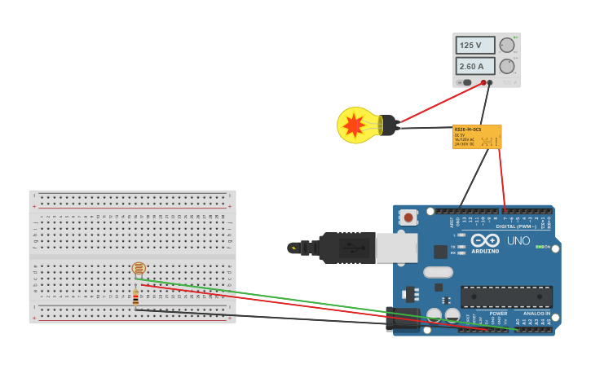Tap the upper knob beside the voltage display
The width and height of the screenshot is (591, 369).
tap(507, 46)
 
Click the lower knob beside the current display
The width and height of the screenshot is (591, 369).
tap(507, 66)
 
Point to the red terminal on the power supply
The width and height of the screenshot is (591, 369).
tap(483, 82)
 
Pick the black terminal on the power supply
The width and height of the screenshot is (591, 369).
tap(490, 82)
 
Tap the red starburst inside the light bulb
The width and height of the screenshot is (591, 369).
tap(354, 125)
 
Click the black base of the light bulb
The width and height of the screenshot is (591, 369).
tap(389, 125)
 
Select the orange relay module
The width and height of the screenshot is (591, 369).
tap(477, 136)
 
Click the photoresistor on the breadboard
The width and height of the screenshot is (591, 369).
tap(139, 268)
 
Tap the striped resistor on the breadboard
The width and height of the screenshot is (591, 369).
tap(135, 298)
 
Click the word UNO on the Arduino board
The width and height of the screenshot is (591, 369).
tap(518, 241)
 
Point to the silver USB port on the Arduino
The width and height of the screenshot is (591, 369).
tap(397, 248)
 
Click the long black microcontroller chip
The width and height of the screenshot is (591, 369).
tap(506, 297)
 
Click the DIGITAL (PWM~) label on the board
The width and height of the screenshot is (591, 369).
tap(516, 226)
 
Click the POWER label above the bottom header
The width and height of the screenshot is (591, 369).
tap(498, 313)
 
